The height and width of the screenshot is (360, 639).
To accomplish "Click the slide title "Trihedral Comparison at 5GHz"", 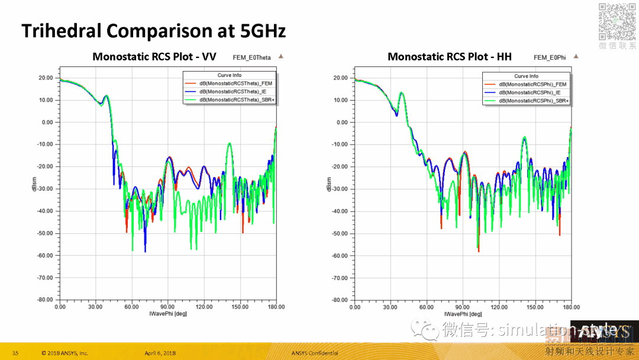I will point(153,31).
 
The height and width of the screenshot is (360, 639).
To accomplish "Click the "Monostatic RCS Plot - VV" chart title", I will point(154,57).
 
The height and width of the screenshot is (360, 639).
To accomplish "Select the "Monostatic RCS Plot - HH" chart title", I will point(449,57).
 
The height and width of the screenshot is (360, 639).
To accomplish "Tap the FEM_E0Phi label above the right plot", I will point(550,57).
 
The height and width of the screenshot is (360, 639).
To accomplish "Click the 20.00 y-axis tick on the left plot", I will point(46,78).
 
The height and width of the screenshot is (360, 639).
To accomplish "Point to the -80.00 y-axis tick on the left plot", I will point(45,300).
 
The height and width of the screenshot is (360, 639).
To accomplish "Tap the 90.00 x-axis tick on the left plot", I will point(168,307).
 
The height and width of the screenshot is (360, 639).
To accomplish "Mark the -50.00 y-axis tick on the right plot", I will point(340,233).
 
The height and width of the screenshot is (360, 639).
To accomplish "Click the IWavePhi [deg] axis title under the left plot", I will point(168,313).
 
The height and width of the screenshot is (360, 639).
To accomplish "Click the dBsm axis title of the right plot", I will point(328,185).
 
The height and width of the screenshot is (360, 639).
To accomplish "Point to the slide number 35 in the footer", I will point(15,353).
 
